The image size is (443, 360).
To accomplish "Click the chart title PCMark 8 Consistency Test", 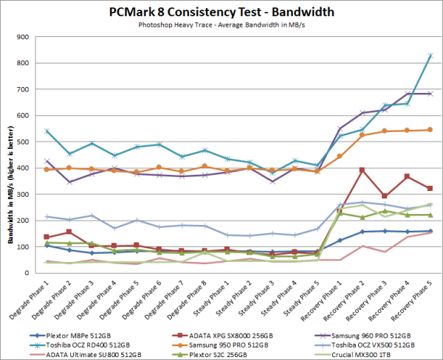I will [x=221, y=12].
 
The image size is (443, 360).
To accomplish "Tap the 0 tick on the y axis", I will [x=37, y=273].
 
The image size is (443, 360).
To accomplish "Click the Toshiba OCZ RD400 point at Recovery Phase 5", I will [x=430, y=56].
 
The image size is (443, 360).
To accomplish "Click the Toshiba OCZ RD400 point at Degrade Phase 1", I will [x=47, y=131].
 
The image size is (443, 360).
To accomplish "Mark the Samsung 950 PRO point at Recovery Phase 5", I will [x=430, y=130].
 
